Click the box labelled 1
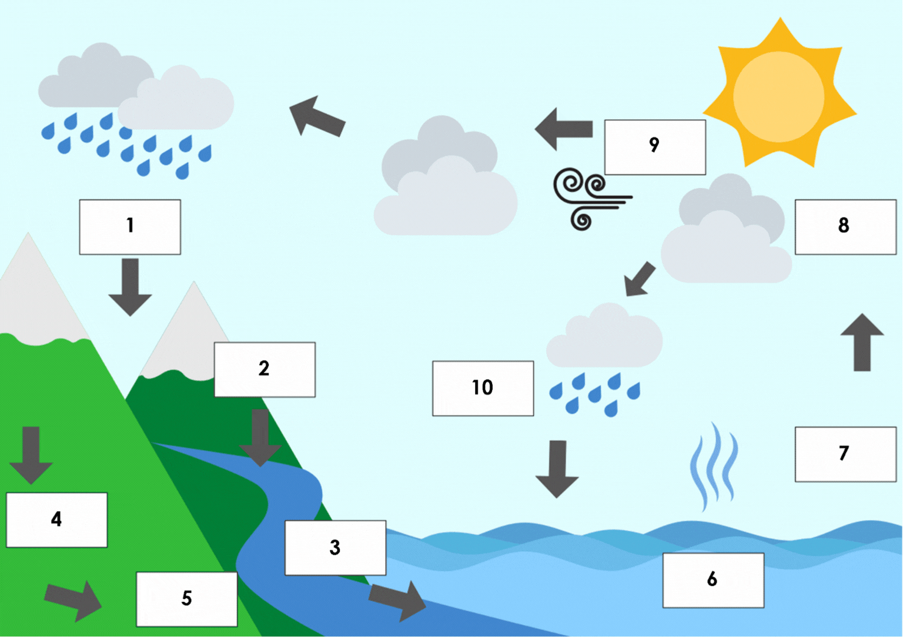pos(130,227)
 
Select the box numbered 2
pos(265,370)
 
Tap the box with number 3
pos(335,548)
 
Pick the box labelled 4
pos(56,520)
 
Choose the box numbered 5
pos(186,599)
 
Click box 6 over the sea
pos(713,580)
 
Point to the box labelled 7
pos(845,454)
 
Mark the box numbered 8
pos(845,227)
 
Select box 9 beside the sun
pos(655,147)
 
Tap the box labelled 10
pos(483,388)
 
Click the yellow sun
pos(779,96)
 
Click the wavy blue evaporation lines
pos(714,466)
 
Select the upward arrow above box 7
pos(862,342)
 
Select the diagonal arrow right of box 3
pos(398,599)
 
